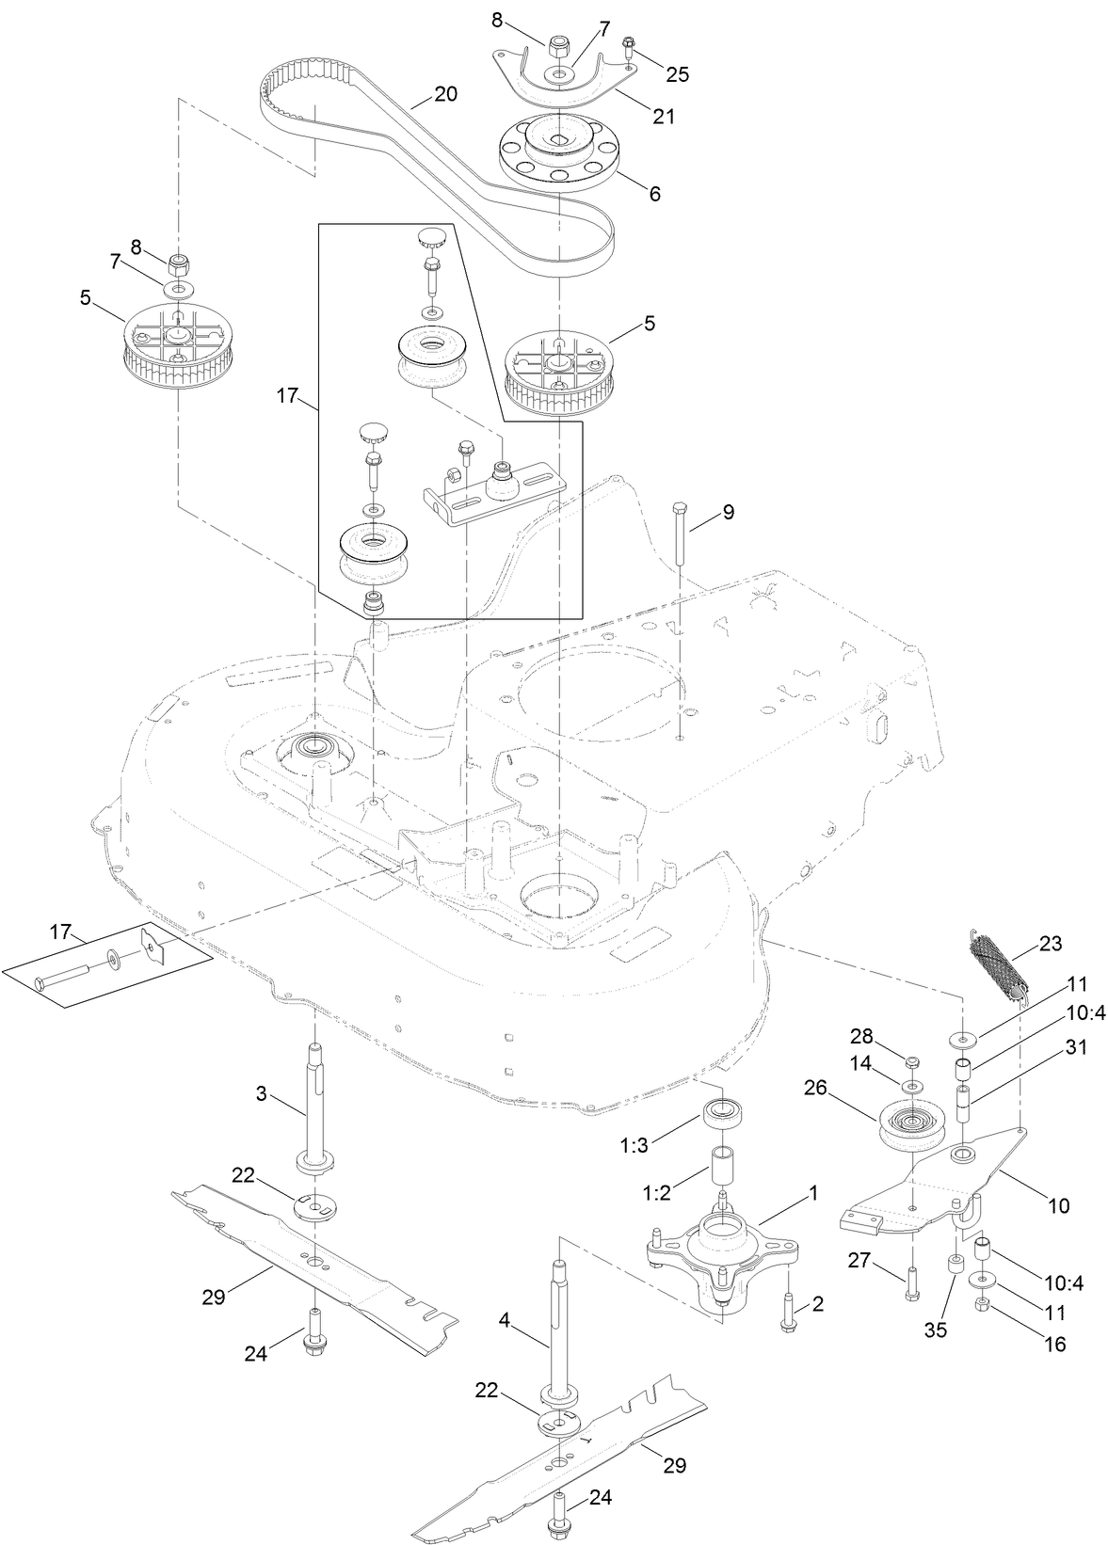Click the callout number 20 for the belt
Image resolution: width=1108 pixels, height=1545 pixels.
click(445, 94)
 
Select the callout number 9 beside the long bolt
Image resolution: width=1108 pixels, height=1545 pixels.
click(728, 513)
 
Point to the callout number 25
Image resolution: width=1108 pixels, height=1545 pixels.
click(677, 73)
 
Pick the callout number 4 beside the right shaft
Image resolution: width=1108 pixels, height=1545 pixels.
click(505, 1320)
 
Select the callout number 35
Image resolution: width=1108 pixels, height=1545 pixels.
click(936, 1330)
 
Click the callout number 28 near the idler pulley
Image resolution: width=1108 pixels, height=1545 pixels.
click(862, 1036)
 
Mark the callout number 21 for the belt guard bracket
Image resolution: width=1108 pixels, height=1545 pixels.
click(665, 117)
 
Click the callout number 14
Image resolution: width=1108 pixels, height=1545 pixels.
click(861, 1063)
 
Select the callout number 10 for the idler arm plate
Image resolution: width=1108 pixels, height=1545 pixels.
click(1059, 1205)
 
